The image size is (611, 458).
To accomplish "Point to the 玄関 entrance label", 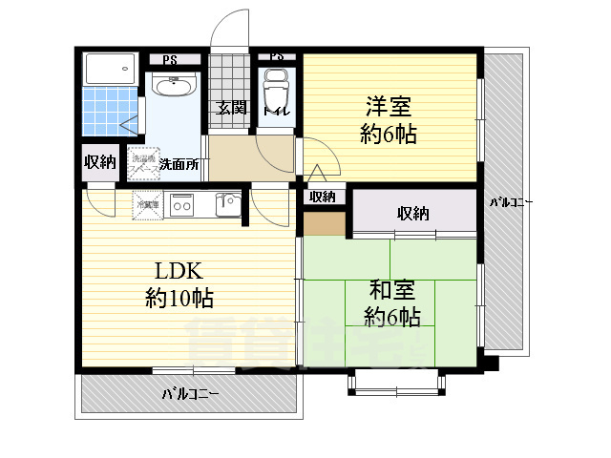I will click(x=230, y=108).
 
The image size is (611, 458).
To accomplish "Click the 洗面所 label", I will click(x=179, y=163).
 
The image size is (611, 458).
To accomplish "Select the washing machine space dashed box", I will click(x=145, y=163).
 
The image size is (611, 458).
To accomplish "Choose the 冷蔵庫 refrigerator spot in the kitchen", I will click(x=147, y=203).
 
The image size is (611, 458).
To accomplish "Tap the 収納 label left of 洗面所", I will click(x=99, y=162).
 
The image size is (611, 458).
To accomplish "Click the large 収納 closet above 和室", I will click(x=413, y=212).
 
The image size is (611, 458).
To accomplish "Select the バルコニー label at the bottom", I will click(x=190, y=393).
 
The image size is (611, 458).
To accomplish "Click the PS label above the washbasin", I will click(x=169, y=60).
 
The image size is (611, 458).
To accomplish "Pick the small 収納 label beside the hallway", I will click(x=323, y=198).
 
